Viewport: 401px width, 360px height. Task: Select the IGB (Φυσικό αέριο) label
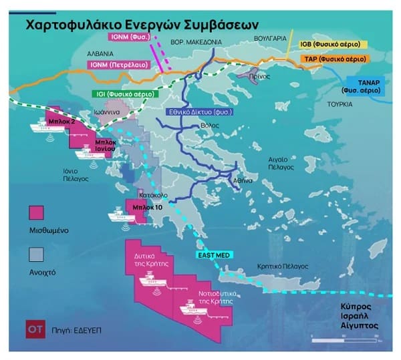click(331, 44)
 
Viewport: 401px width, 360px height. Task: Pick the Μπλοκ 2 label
click(61, 123)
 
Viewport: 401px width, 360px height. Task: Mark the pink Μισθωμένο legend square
click(37, 212)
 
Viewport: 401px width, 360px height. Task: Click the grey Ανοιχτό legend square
click(37, 254)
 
